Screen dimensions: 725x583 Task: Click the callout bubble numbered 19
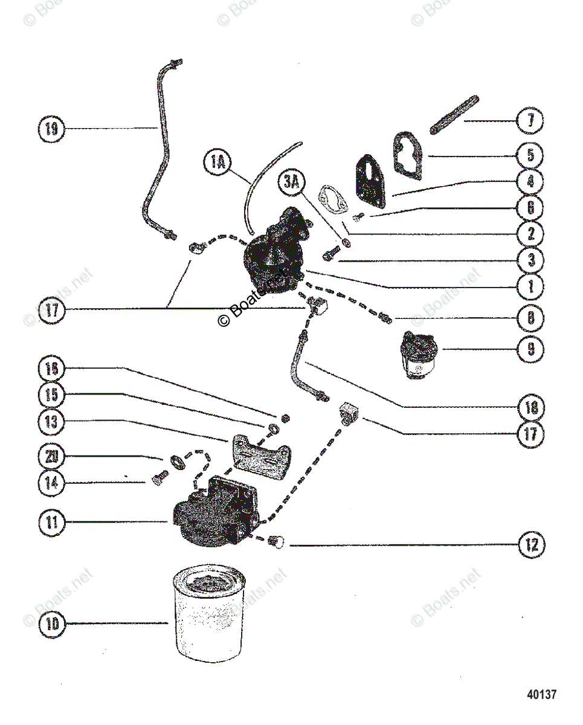click(54, 128)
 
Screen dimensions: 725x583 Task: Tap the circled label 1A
click(217, 163)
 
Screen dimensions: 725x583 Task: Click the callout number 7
click(530, 120)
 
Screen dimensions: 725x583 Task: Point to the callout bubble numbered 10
click(53, 623)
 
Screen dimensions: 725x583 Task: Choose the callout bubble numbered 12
click(530, 546)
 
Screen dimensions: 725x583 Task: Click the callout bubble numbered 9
click(530, 349)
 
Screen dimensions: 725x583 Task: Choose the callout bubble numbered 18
click(530, 407)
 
